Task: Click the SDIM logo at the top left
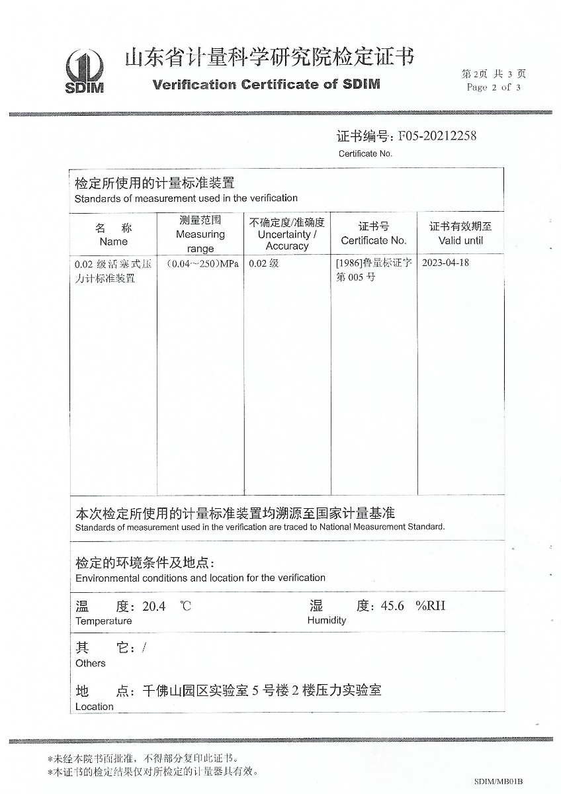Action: point(84,71)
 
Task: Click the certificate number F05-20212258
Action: point(437,136)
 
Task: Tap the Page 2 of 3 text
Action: point(493,87)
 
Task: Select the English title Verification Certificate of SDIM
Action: point(266,85)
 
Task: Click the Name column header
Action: point(113,242)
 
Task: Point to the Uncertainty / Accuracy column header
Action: point(287,240)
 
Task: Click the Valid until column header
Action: point(460,241)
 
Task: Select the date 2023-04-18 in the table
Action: point(445,263)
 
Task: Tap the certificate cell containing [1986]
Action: point(374,263)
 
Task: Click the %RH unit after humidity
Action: point(430,606)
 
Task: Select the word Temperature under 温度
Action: point(103,621)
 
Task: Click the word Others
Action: point(90,664)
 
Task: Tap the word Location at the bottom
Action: point(94,707)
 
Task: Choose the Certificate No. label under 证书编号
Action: point(365,154)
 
